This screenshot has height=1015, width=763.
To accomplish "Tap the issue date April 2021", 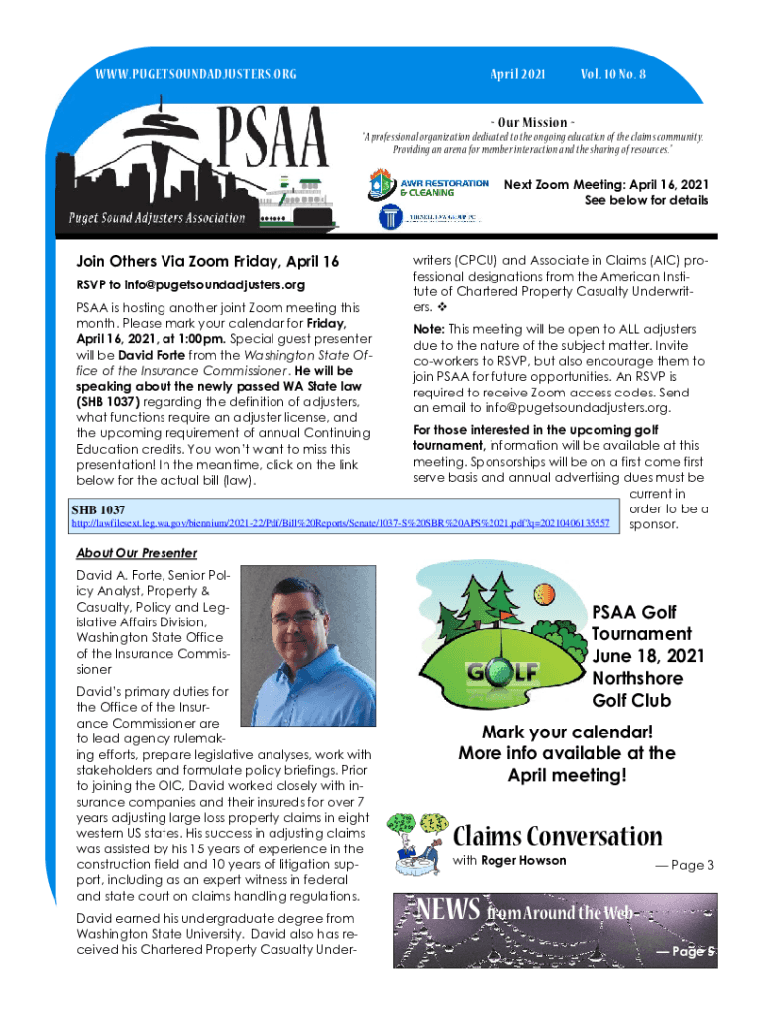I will (518, 74).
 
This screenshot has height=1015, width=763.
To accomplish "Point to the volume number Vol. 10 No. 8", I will (611, 74).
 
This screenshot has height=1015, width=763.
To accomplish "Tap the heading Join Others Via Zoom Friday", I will (208, 261).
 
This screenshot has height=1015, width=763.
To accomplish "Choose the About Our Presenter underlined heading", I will (137, 553).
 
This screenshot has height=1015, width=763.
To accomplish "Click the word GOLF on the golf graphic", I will (502, 671).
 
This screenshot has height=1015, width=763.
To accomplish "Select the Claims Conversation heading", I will (557, 835).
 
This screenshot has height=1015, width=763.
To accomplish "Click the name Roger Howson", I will (523, 860).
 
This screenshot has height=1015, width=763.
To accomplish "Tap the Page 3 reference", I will (685, 866).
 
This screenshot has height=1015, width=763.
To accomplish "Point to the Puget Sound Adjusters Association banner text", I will (157, 218).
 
